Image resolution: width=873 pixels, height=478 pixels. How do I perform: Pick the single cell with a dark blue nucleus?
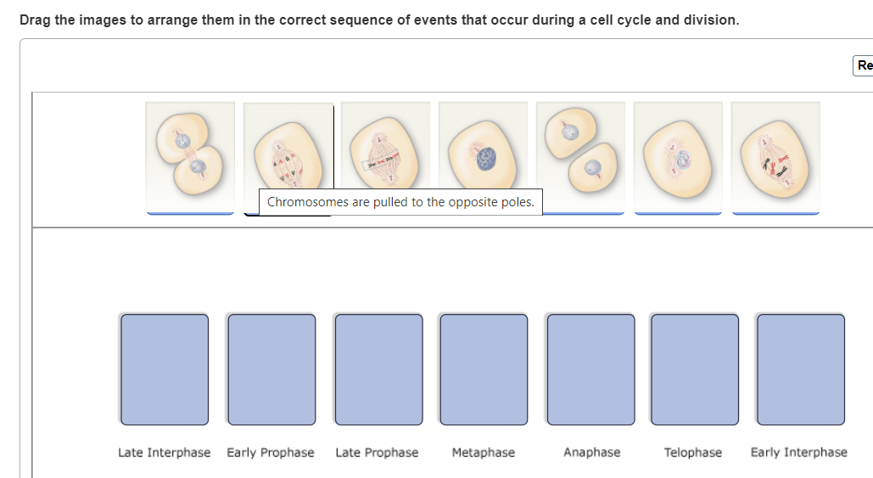483,153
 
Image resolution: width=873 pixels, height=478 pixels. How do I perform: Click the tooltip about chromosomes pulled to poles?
400,202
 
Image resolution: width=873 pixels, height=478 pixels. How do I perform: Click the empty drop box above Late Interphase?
165,369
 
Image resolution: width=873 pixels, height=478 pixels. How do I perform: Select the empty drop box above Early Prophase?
271,369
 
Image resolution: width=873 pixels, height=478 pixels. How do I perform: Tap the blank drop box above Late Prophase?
378,369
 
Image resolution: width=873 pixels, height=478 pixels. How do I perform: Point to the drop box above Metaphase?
484,369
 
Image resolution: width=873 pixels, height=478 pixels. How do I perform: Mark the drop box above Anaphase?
590,369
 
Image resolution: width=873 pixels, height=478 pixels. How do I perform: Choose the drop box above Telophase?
695,369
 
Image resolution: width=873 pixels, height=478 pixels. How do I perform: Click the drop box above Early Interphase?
800,369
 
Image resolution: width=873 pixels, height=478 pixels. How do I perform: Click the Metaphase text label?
484,453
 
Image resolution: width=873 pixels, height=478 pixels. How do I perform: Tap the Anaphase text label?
591,453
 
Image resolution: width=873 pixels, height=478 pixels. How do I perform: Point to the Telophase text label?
693,453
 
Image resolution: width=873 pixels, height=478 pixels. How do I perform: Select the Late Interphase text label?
165,453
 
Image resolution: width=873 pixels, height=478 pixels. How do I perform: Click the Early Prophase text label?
271,453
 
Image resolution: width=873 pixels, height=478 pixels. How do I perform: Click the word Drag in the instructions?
36,20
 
